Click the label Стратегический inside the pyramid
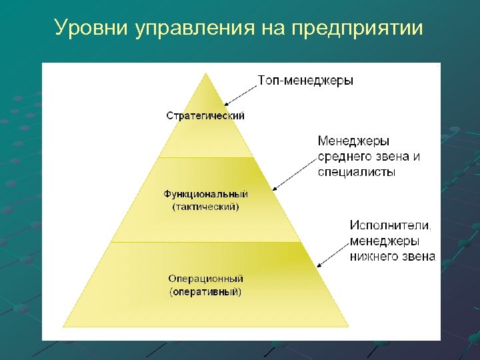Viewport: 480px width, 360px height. [205, 115]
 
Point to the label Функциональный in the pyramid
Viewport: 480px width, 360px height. [206, 194]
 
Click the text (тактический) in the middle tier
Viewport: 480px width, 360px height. [205, 207]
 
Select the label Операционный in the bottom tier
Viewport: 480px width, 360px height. [205, 279]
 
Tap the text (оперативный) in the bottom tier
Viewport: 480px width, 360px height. [205, 291]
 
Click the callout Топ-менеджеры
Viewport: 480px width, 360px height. [305, 81]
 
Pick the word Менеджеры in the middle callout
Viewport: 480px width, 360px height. [353, 141]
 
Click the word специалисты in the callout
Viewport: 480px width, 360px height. [357, 171]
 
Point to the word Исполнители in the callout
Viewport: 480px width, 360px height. [390, 226]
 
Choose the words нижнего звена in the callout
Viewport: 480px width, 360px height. [392, 255]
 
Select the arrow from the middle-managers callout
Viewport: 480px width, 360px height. [293, 173]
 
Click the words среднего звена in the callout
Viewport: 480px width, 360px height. [369, 157]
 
